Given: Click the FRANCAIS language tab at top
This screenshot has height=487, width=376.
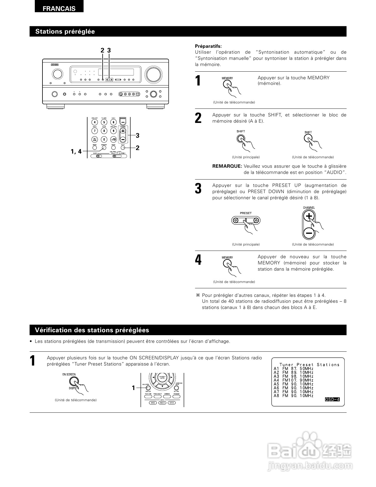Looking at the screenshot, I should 59,9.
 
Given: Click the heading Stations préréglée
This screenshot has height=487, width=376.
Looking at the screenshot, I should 65,32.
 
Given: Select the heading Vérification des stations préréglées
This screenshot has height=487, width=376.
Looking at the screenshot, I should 92,330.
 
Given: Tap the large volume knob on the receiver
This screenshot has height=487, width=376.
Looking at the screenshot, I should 153,75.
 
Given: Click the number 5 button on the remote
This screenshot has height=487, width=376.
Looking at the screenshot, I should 104,122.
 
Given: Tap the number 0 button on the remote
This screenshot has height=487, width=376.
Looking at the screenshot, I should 104,139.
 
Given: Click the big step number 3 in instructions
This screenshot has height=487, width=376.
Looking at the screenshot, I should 198,189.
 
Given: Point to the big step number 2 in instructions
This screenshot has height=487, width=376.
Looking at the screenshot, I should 198,118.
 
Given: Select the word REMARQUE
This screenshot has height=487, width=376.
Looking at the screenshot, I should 227,166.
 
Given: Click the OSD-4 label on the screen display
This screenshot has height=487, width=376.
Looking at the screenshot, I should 332,399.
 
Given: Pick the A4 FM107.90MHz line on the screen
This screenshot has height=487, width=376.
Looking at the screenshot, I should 293,380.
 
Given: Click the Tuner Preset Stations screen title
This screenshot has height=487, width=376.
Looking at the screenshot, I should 309,365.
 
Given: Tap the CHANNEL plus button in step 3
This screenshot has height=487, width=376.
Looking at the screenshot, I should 309,217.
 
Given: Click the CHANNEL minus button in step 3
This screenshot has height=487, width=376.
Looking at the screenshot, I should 309,233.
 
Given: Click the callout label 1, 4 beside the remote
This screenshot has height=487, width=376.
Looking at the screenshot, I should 76,152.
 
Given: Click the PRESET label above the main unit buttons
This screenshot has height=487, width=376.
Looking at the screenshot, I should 246,213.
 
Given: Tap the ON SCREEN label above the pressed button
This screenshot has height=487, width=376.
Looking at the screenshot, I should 69,374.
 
